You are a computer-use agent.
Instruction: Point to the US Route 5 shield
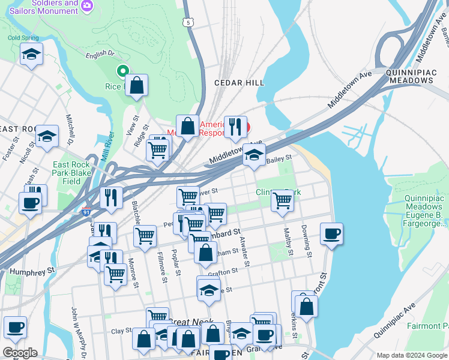(x=189, y=22)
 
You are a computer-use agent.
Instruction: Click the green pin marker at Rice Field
(x=123, y=72)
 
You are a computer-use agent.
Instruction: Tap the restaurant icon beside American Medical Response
(x=235, y=127)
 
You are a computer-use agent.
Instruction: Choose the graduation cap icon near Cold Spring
(x=31, y=55)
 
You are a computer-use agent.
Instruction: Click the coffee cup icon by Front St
(x=331, y=233)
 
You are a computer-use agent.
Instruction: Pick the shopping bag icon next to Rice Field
(x=137, y=86)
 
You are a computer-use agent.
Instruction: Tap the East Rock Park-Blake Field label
(x=71, y=173)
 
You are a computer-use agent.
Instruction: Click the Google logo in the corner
(x=20, y=353)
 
